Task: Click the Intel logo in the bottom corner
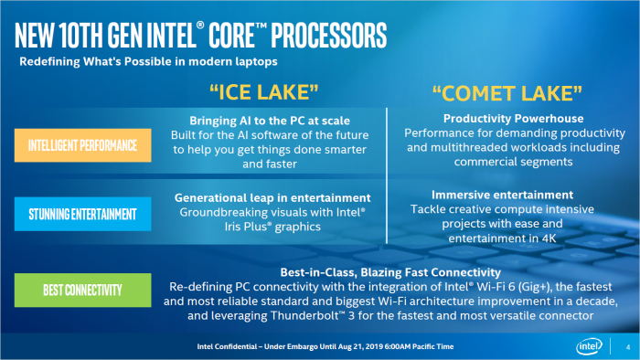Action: coord(588,346)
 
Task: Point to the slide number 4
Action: coord(627,346)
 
